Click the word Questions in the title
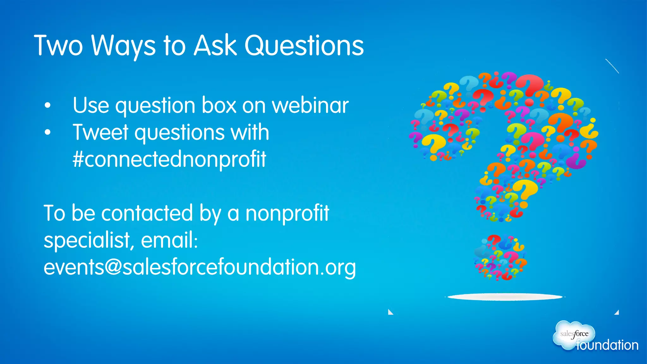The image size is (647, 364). click(304, 46)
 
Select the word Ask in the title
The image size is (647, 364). click(215, 46)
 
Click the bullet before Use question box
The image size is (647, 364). click(47, 106)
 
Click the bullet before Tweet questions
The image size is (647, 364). click(47, 132)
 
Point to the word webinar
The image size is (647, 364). click(310, 105)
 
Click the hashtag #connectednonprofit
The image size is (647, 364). click(169, 159)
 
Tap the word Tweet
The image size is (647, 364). click(100, 132)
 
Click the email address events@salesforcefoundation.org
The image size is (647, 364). click(200, 267)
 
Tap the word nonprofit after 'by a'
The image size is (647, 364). click(287, 214)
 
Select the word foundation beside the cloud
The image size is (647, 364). click(607, 345)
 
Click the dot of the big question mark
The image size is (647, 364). click(500, 258)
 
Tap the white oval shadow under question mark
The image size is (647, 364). click(505, 297)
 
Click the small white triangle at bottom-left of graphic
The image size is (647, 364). click(390, 312)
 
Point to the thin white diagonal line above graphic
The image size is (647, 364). click(612, 66)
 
